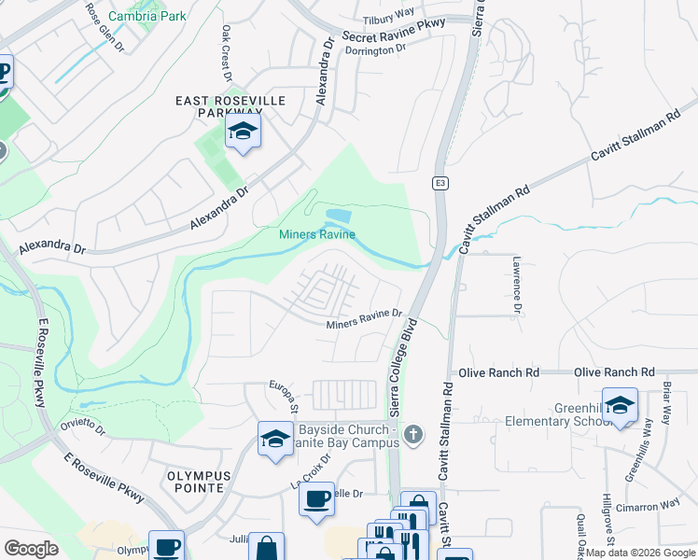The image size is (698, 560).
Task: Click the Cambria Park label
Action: pos(147,16)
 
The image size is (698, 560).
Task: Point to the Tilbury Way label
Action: pos(389,16)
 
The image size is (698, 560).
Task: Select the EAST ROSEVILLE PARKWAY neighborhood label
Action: pos(231,105)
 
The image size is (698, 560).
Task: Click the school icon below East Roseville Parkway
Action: pos(243,132)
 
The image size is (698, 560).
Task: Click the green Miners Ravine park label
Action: pos(317,234)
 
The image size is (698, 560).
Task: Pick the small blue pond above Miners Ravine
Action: pos(338,217)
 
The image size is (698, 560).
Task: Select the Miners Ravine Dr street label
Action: pos(364,319)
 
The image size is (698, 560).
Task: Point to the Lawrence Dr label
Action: pos(514,285)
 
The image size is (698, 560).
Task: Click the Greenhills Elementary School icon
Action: pos(620,405)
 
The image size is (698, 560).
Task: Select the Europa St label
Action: pos(283,395)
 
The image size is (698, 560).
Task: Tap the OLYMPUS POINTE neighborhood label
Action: pos(195,481)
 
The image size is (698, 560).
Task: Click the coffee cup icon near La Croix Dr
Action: pos(317,497)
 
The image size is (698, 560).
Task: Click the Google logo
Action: pos(31,548)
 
